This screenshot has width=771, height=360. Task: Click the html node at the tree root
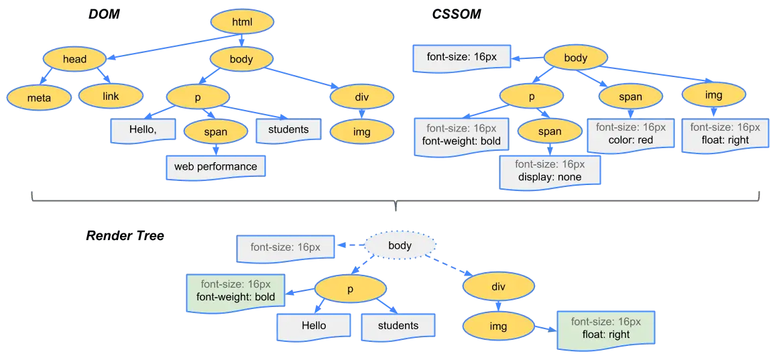click(241, 22)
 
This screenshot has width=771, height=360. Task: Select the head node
click(74, 59)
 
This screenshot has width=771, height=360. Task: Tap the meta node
click(39, 98)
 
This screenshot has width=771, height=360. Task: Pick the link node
click(111, 97)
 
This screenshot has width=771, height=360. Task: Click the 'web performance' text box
click(215, 166)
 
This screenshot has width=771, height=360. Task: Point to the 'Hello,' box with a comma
click(143, 130)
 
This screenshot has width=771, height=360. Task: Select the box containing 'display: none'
click(549, 171)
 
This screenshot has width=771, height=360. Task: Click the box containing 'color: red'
click(630, 134)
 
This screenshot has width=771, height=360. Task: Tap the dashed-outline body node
click(400, 245)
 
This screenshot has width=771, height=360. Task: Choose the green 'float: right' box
click(605, 328)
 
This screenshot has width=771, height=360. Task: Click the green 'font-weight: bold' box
click(235, 290)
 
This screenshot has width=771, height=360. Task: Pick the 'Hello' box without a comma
click(313, 326)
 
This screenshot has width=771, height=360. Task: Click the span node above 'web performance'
click(215, 132)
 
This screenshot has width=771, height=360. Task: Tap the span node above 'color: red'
click(630, 97)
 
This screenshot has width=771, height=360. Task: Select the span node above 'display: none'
click(549, 131)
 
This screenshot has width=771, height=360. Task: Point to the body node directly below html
click(241, 59)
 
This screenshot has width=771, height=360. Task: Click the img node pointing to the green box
click(498, 326)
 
